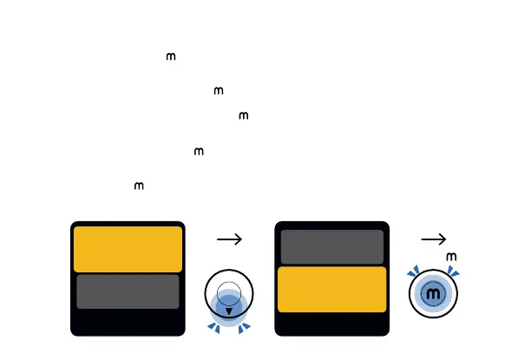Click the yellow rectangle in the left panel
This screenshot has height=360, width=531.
pos(128,249)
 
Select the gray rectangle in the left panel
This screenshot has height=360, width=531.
pos(128,291)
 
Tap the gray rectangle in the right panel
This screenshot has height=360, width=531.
pos(331,247)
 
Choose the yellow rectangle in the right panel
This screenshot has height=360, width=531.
pos(331,289)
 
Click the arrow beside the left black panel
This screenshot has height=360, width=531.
pos(229,239)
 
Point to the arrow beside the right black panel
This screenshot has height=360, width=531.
pos(434,239)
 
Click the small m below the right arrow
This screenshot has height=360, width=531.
pos(451,257)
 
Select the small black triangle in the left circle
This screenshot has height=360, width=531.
pos(229,310)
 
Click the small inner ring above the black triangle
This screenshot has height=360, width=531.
pos(229,293)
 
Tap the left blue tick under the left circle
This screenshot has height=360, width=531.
pos(213,327)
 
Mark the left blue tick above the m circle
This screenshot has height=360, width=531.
pos(414,271)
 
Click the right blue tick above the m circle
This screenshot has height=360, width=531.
pos(453,271)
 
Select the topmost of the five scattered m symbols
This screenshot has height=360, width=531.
pos(171,56)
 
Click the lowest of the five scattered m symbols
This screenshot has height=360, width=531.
pos(139,186)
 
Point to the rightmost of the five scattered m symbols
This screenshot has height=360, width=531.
pos(243,115)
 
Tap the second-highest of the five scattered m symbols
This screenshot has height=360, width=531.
pos(219,90)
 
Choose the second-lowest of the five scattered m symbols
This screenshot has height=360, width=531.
pos(199,151)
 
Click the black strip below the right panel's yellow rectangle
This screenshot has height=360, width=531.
pos(331,324)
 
